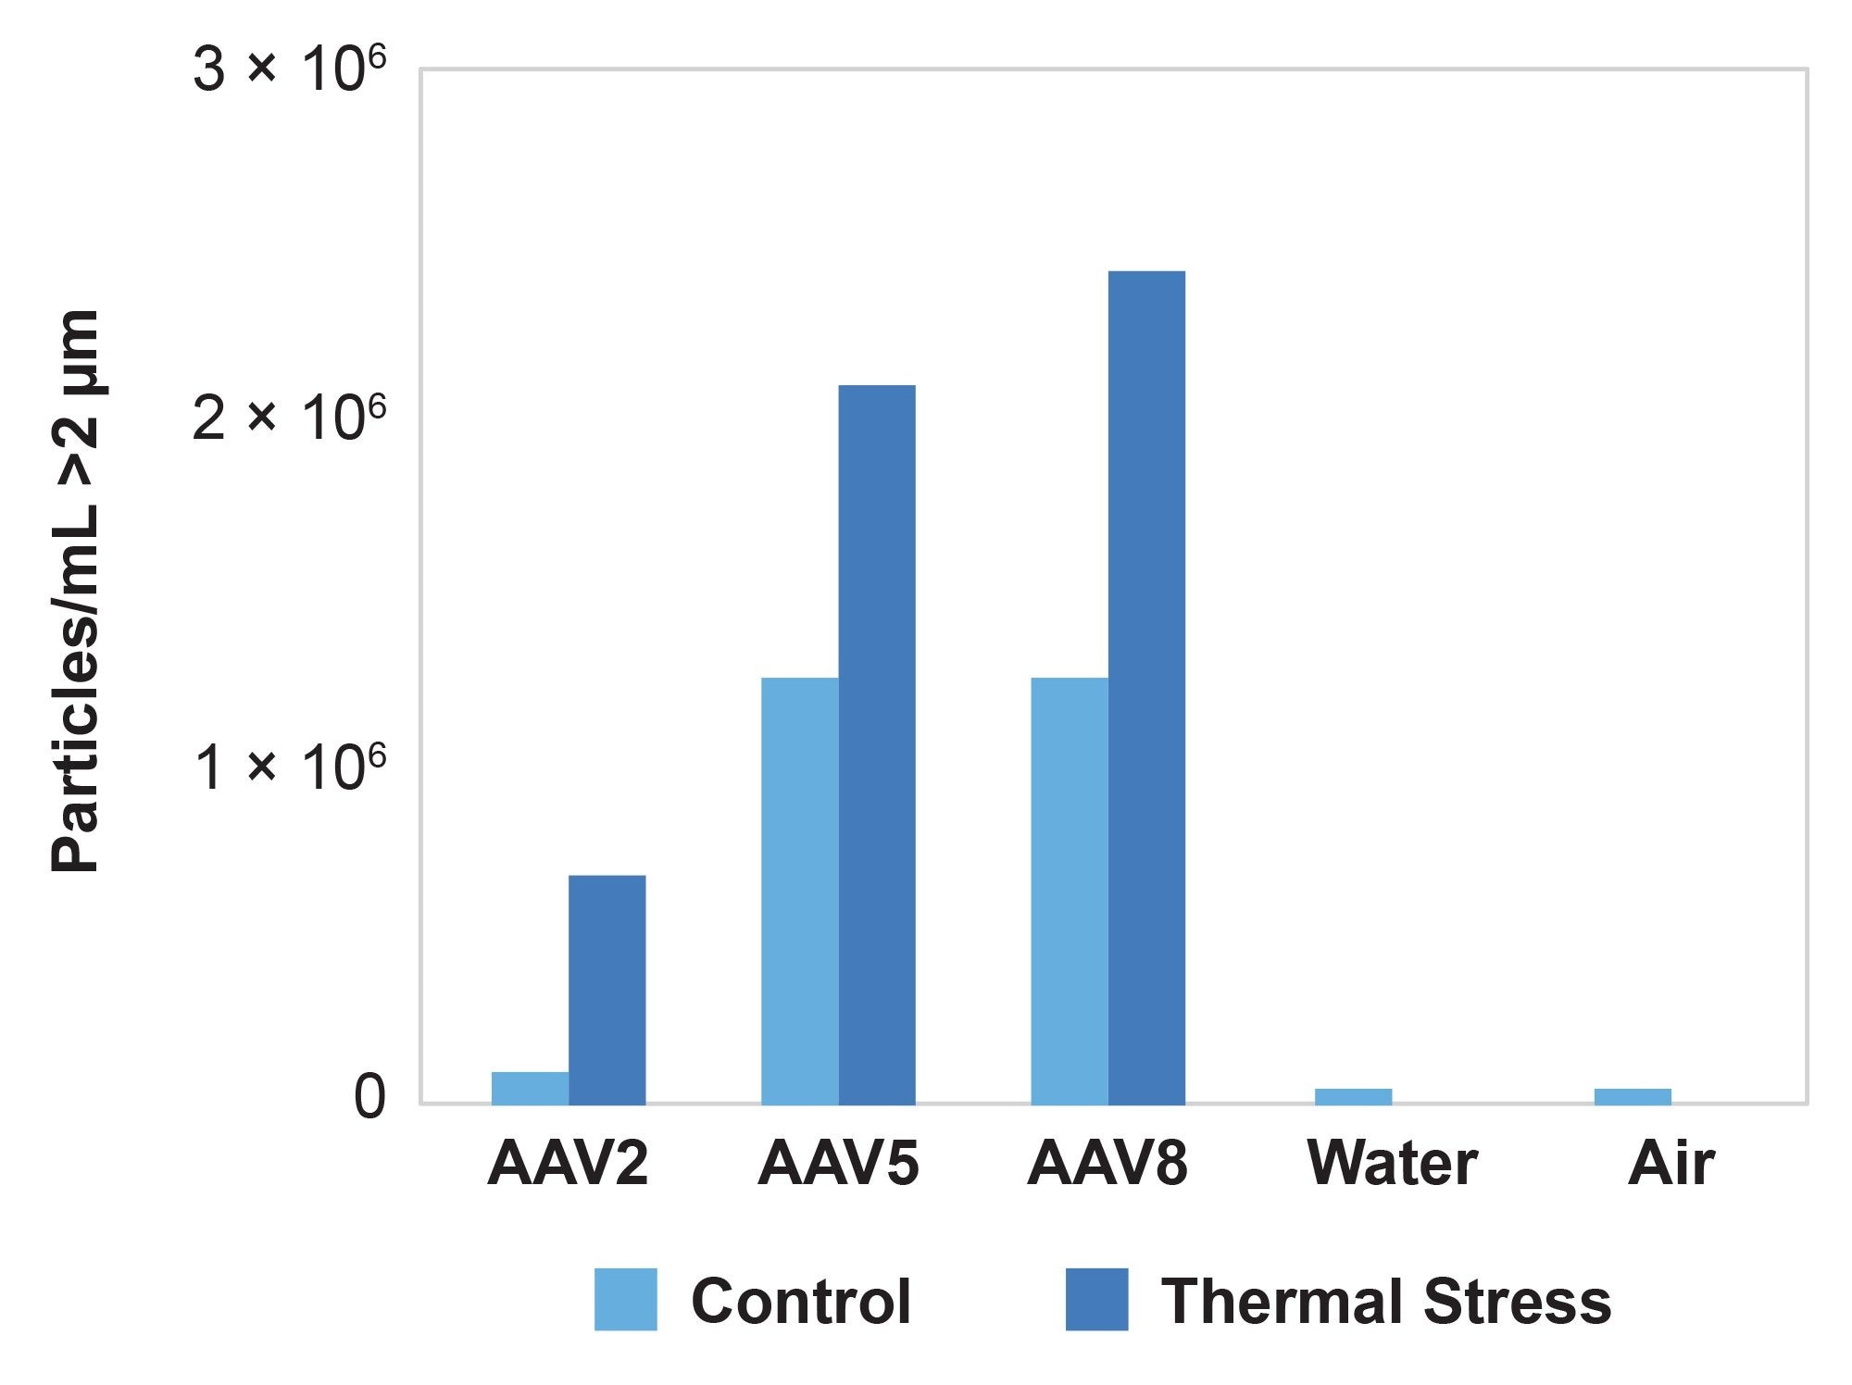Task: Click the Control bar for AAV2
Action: pos(530,1088)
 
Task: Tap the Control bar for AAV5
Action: pos(799,891)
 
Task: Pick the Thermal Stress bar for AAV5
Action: pos(877,744)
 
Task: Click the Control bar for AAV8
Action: pos(1069,891)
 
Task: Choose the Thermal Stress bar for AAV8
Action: pos(1146,687)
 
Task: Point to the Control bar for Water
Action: pos(1353,1096)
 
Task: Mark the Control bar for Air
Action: pos(1633,1096)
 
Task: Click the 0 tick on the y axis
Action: pos(369,1098)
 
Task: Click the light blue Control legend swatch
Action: pos(626,1300)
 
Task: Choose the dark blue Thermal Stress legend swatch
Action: pos(1096,1300)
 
